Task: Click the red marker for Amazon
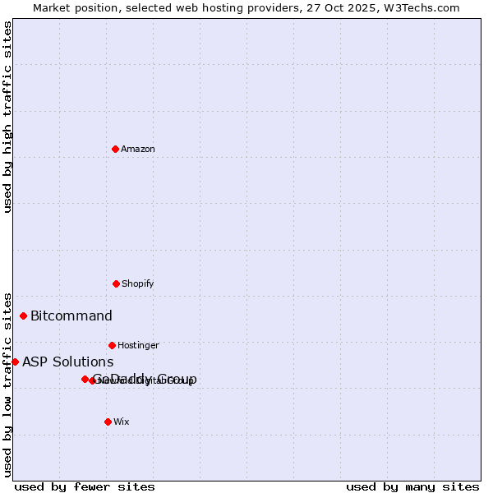[x=116, y=149]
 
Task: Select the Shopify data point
[x=116, y=283]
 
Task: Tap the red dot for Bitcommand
[x=23, y=316]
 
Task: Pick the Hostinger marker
[x=112, y=345]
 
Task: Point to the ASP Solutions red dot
[x=15, y=362]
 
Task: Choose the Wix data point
[x=108, y=422]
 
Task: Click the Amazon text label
[x=138, y=149]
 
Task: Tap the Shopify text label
[x=138, y=283]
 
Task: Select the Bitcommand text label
[x=71, y=316]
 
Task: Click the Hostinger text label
[x=138, y=345]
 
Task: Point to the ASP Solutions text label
[x=67, y=362]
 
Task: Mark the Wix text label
[x=122, y=422]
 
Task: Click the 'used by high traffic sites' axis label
[x=7, y=117]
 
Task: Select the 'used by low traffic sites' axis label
[x=7, y=385]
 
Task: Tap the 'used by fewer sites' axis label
[x=85, y=486]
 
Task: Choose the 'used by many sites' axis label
[x=412, y=486]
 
